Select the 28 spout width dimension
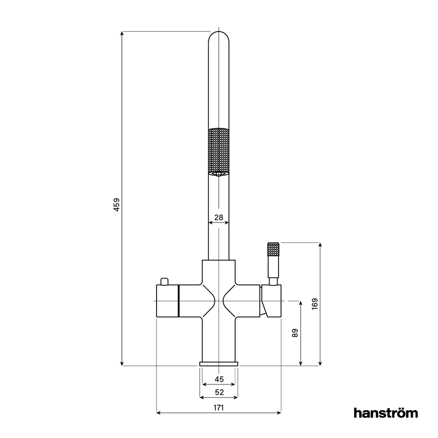coord(219,217)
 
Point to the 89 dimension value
coord(295,333)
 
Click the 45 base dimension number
coord(219,379)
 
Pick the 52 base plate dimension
coord(219,392)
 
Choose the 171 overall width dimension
coord(219,408)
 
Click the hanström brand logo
coord(386,413)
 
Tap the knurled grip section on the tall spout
coord(219,150)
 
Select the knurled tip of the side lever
coord(273,249)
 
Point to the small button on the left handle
coord(164,281)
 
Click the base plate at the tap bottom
coord(219,364)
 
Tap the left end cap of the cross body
coord(167,301)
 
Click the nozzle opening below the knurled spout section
coord(219,173)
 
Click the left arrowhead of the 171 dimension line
coord(159,413)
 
